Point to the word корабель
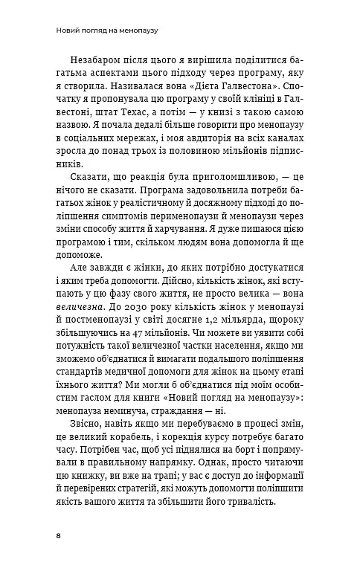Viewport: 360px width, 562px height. pos(134,453)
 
